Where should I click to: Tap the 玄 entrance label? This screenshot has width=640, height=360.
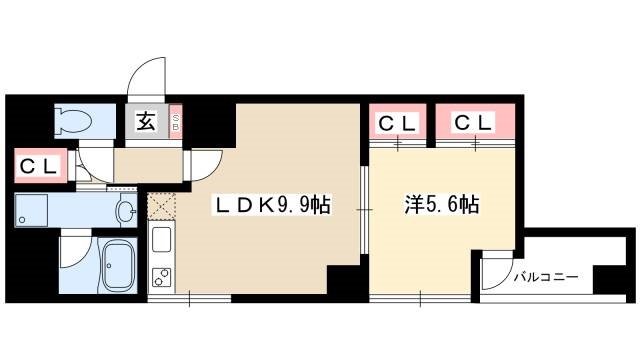(x=146, y=123)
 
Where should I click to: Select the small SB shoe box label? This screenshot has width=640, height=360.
(x=176, y=124)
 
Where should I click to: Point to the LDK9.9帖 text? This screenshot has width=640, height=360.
(x=271, y=207)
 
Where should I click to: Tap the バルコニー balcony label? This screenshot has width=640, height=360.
(x=546, y=276)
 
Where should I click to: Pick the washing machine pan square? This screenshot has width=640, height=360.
(x=33, y=210)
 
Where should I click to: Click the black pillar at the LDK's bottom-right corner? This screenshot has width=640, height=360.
(x=342, y=282)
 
